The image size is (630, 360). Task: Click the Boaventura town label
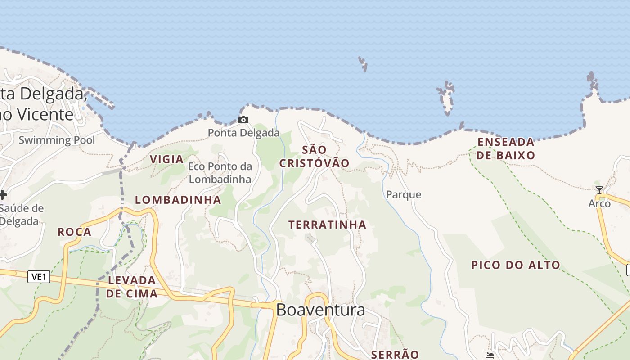[320, 310]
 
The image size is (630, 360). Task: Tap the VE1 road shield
[39, 276]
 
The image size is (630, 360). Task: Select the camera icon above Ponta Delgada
[243, 120]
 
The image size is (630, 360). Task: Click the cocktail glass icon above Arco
[599, 190]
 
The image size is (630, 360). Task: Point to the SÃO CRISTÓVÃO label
[315, 156]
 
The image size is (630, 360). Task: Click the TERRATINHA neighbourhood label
[327, 225]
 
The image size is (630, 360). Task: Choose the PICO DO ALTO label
[516, 265]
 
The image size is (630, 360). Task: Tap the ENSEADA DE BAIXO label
[506, 148]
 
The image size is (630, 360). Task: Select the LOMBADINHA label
[178, 200]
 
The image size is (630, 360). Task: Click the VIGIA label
[166, 159]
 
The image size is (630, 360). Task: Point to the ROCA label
[75, 232]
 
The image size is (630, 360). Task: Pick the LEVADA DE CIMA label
[132, 287]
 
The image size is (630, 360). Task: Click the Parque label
[404, 194]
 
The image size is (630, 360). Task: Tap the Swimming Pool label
[57, 140]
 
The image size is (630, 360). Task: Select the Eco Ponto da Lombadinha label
[220, 173]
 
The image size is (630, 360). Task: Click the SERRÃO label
[395, 354]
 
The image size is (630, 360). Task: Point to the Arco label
[599, 203]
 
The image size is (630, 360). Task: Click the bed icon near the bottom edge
[490, 355]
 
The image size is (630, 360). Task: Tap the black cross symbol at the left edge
[3, 195]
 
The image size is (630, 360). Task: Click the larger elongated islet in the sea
[446, 98]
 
